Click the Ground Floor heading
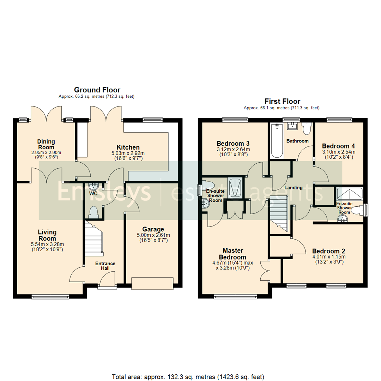[x=97, y=90]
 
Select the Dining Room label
[x=46, y=144]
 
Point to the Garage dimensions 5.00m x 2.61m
[x=153, y=235]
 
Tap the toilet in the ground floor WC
[x=94, y=212]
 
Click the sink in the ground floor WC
[x=94, y=186]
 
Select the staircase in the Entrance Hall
[x=93, y=240]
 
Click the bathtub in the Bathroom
[x=276, y=141]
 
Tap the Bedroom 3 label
[x=233, y=144]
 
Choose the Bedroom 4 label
[x=338, y=146]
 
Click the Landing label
[x=294, y=188]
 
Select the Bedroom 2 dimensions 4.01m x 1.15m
[x=328, y=257]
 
